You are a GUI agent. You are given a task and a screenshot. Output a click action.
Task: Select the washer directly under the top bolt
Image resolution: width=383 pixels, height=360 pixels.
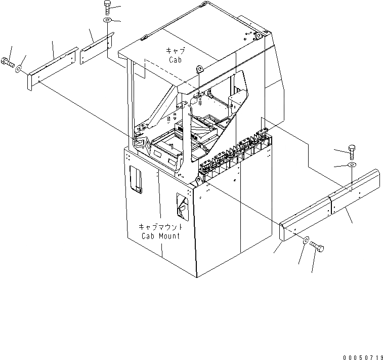pyautogui.click(x=108, y=20)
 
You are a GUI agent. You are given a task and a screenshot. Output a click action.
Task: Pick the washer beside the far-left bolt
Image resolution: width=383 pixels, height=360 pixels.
pyautogui.click(x=19, y=68)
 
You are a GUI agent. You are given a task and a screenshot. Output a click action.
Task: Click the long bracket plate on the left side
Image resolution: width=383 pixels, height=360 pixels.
pyautogui.click(x=51, y=68)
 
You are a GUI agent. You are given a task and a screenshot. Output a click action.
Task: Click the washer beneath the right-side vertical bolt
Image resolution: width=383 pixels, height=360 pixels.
pyautogui.click(x=352, y=166)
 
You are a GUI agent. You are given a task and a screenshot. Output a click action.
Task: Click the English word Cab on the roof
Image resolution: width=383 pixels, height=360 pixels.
pyautogui.click(x=175, y=59)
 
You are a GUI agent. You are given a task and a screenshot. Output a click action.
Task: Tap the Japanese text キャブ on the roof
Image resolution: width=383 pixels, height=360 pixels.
pyautogui.click(x=175, y=51)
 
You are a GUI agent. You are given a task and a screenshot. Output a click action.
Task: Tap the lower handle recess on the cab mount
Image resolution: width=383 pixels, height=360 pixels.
pyautogui.click(x=182, y=208)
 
